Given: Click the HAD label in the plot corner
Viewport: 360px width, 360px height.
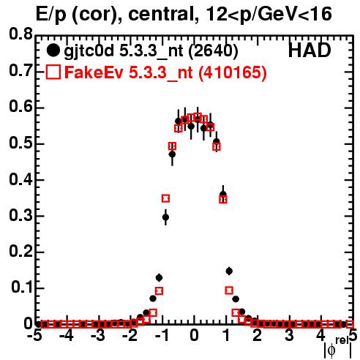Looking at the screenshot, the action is coord(310,50).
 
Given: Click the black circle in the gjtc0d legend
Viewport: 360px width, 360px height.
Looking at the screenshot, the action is coord(53,50).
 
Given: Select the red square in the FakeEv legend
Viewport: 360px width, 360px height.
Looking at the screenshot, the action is coord(53,72).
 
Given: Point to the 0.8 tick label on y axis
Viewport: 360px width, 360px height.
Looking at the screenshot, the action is coord(20,34).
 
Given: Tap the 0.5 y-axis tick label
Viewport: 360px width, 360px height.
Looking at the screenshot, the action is coord(20,143).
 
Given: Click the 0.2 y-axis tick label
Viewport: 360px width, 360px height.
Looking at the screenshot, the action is coord(20,251).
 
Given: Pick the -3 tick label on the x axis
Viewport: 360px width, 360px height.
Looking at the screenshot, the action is coord(100,336).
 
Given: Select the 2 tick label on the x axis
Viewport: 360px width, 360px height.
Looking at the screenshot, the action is coord(258,336).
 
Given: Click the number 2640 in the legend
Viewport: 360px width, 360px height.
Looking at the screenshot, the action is coord(213,51).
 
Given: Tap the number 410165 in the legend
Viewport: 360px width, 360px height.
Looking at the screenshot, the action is coord(233,73).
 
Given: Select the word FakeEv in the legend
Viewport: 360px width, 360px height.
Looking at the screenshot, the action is coord(94,72).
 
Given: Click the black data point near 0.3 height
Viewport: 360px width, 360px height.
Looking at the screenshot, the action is coord(165,217).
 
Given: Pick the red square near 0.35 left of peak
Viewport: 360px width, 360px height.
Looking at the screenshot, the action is coord(165,198).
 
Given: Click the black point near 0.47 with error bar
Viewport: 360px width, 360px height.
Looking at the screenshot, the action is coord(172,154).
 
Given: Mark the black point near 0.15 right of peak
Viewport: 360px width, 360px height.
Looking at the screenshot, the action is coord(229,271).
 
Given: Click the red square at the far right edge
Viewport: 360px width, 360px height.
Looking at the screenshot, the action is coord(350,324).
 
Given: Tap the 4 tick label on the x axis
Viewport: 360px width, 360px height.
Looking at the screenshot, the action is coord(320,336).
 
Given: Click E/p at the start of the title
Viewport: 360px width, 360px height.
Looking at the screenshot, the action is coord(51,15).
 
